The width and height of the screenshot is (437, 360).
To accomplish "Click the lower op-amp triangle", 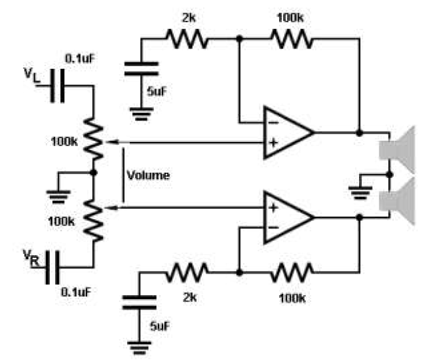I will (x=285, y=216).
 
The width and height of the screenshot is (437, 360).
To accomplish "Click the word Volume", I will (x=148, y=175).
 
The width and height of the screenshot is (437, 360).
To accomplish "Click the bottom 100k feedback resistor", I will (x=290, y=269).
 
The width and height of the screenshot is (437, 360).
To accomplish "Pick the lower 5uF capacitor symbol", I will (x=143, y=303).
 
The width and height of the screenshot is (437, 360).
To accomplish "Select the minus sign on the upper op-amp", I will (x=271, y=123).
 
